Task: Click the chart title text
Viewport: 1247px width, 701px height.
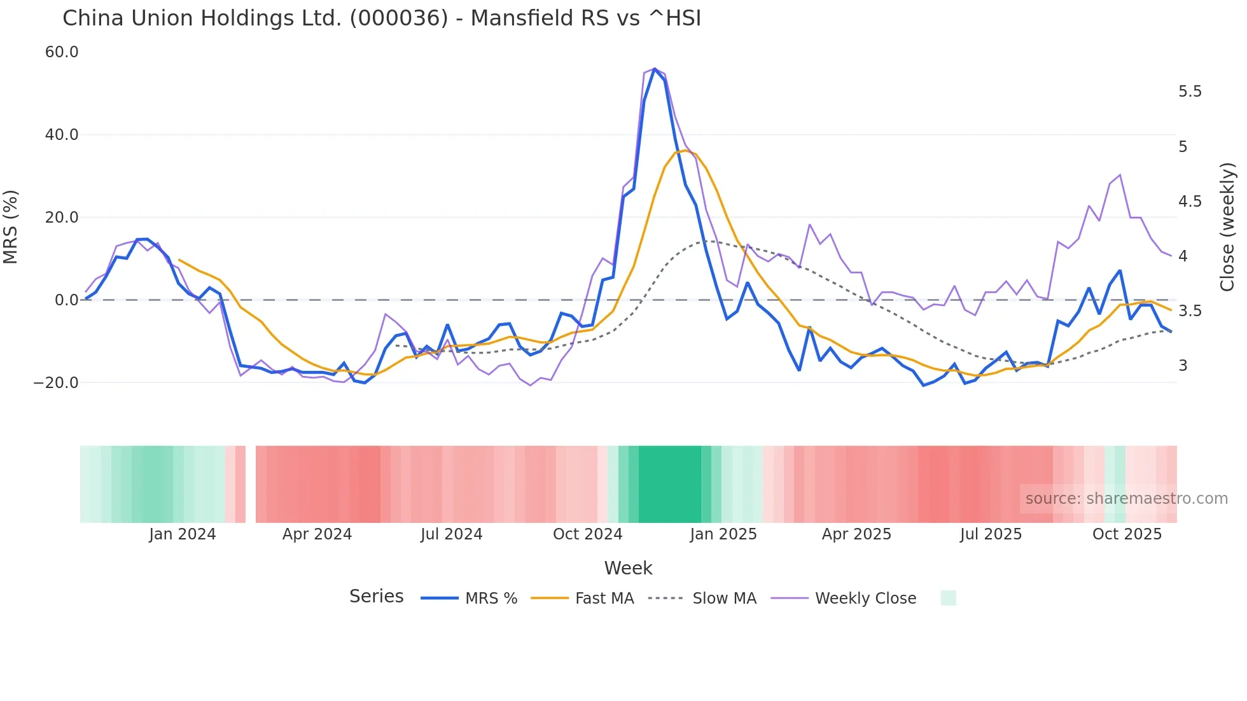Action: tap(382, 18)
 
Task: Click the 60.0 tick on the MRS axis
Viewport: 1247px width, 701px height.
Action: tap(62, 52)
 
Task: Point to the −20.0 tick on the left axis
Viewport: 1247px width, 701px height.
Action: tap(56, 383)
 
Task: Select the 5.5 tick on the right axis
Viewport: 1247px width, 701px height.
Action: tap(1190, 92)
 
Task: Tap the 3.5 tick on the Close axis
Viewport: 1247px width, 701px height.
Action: tap(1190, 311)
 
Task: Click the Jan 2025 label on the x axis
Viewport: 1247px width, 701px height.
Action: tap(723, 534)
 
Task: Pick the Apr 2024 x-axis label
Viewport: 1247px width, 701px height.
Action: tap(317, 534)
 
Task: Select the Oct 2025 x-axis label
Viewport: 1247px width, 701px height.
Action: tap(1127, 534)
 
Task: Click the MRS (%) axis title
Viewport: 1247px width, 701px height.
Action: tap(10, 227)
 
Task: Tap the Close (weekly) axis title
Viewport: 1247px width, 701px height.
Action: tap(1227, 227)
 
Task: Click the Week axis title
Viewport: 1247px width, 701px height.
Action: tap(628, 568)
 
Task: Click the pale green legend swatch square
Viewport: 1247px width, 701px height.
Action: tap(948, 598)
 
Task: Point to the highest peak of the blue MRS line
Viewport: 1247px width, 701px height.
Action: tap(655, 69)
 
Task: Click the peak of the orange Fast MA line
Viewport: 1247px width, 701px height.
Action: tap(685, 150)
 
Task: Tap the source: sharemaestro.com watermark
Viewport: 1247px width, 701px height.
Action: tap(1126, 499)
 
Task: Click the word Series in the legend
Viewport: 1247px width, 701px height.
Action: tap(376, 597)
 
